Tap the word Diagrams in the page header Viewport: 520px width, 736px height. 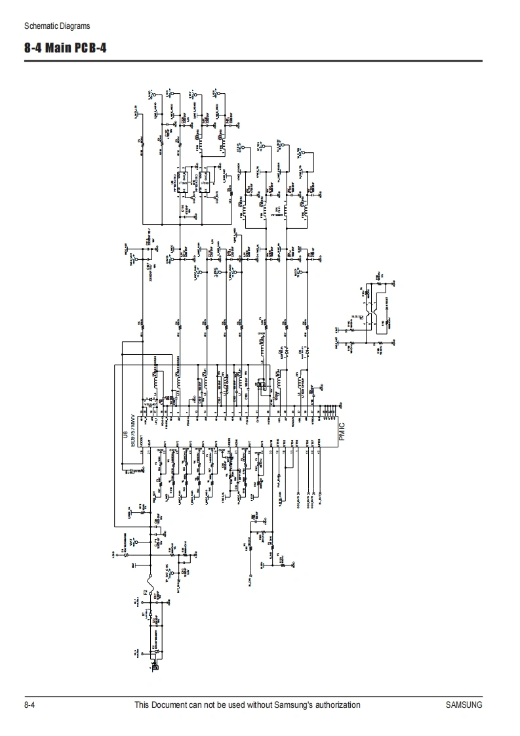click(75, 26)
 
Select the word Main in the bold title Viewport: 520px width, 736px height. click(60, 49)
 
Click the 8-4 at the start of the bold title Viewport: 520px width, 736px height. click(34, 49)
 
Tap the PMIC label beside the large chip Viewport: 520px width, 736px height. click(342, 433)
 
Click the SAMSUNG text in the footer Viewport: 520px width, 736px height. click(464, 705)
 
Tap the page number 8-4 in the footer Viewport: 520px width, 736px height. click(29, 705)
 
